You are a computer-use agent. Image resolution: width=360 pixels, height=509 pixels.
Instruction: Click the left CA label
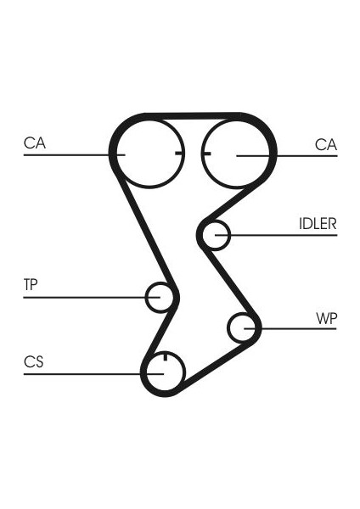[x=35, y=143]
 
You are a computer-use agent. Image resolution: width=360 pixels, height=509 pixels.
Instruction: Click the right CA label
[x=326, y=144]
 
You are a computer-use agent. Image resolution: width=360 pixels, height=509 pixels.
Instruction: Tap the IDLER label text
[x=318, y=224]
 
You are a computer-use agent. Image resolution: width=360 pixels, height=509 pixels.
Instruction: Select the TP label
[x=31, y=285]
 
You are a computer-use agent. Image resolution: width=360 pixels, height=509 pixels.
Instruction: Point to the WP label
[x=327, y=318]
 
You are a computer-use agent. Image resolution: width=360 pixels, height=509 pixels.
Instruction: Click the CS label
[x=33, y=362]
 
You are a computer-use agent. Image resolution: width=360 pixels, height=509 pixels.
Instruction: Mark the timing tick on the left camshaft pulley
[x=179, y=153]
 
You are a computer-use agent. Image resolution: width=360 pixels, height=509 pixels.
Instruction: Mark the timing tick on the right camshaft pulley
[x=206, y=154]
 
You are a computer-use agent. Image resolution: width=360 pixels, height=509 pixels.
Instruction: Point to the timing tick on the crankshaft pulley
[x=166, y=356]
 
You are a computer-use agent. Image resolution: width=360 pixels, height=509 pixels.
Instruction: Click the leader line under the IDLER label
[x=276, y=235]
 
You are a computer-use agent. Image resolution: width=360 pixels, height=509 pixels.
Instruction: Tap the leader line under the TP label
[x=92, y=298]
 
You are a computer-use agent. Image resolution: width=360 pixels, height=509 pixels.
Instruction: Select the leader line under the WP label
[x=290, y=328]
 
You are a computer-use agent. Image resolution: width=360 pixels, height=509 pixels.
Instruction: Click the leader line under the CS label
[x=93, y=374]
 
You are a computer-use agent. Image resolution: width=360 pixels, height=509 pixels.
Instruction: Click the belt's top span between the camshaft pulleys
[x=193, y=116]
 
